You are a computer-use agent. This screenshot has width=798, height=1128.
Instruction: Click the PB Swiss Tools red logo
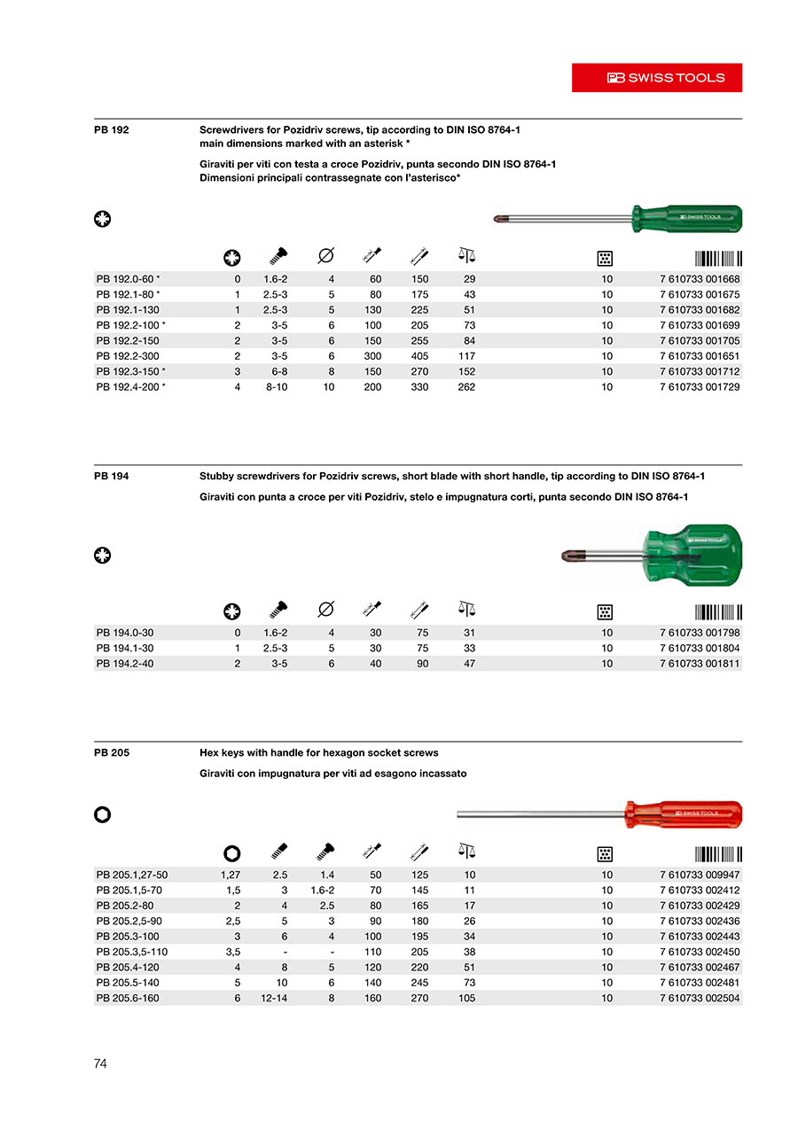[x=656, y=78]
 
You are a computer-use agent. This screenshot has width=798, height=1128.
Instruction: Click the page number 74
[x=100, y=1063]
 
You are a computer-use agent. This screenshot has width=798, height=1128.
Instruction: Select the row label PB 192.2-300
[x=128, y=356]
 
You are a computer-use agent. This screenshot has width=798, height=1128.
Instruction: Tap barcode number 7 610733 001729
[x=700, y=387]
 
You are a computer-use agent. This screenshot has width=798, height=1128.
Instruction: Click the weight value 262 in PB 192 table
[x=466, y=387]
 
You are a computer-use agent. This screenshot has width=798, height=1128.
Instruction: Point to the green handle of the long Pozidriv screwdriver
[x=686, y=216]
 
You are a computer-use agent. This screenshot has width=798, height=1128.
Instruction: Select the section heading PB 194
[x=112, y=477]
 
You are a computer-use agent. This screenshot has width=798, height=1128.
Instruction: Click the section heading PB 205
[x=112, y=753]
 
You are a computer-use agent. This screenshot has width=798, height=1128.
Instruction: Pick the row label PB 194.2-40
[x=125, y=664]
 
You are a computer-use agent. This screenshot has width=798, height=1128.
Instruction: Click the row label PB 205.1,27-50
[x=132, y=875]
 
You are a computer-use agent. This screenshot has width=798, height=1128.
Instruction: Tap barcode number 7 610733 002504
[x=700, y=999]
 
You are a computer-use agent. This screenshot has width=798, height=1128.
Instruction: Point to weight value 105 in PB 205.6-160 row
[x=466, y=999]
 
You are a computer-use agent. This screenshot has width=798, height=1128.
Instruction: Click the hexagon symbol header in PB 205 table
[x=232, y=853]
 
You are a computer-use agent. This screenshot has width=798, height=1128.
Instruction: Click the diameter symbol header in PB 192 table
[x=325, y=257]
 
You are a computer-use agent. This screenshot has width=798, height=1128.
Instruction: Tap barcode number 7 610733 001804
[x=700, y=649]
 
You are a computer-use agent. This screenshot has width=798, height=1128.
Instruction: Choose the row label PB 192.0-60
[x=127, y=279]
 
